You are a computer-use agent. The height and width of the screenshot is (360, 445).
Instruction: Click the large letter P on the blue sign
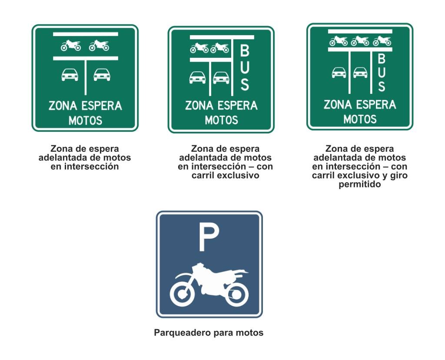(209, 237)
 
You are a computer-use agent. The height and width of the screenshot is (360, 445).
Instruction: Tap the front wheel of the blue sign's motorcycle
(182, 293)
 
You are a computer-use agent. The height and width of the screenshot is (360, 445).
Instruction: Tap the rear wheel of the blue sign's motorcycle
(236, 293)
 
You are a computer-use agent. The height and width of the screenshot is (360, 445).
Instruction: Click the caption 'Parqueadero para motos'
(209, 333)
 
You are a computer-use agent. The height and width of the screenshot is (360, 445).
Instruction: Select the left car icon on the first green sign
(70, 75)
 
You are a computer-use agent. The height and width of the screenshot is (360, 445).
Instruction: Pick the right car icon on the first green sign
(102, 75)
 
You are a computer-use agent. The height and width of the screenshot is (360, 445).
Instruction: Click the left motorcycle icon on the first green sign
(71, 45)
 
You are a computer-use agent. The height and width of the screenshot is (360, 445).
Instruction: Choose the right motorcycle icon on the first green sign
(99, 45)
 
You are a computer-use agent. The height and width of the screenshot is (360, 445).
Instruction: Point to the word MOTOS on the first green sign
(85, 121)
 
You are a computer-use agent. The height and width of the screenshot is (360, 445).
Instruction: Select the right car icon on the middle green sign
(221, 77)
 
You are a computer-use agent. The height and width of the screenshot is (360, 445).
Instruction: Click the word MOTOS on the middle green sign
(221, 120)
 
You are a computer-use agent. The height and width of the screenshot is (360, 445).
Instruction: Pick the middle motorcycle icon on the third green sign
(360, 41)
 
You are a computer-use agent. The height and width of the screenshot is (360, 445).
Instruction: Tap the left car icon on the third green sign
(339, 73)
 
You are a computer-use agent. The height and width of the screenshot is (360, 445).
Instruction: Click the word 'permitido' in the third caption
(359, 184)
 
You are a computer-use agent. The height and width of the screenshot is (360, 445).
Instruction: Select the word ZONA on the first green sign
(63, 106)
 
